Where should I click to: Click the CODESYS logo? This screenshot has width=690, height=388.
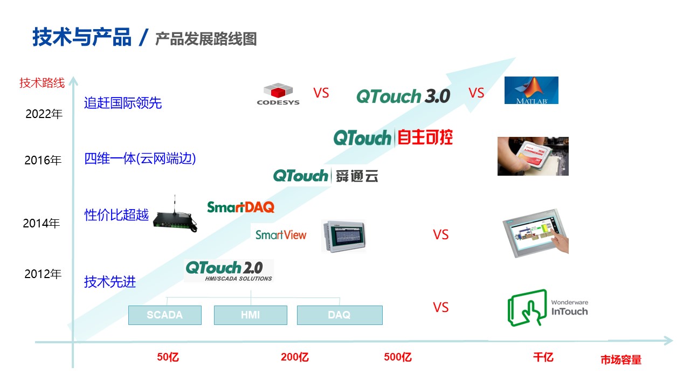[x=278, y=94]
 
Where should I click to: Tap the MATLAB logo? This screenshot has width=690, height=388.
[x=531, y=90]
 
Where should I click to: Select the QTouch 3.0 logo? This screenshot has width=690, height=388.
[x=403, y=96]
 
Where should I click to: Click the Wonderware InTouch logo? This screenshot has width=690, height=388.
[x=548, y=308]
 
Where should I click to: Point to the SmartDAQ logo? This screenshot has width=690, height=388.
[x=240, y=207]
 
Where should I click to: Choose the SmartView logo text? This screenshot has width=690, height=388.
[x=280, y=235]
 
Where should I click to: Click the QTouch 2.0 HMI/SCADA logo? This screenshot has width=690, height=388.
[x=228, y=271]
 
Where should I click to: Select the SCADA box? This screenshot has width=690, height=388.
[x=164, y=315]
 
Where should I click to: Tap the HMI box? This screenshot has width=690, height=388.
[x=250, y=315]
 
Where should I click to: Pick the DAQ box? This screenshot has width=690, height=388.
[x=339, y=315]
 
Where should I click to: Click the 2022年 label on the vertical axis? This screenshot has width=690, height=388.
[x=44, y=114]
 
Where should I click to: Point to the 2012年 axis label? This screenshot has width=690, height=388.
[x=43, y=274]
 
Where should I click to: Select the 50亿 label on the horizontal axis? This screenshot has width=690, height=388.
[x=168, y=357]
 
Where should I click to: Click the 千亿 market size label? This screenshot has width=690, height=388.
[x=543, y=357]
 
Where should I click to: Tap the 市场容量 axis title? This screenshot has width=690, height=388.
[x=621, y=360]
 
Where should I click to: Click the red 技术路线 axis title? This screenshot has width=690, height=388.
[x=42, y=83]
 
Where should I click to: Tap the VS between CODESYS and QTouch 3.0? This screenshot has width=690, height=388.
[x=321, y=93]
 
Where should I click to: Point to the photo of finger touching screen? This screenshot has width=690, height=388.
[x=535, y=231]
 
